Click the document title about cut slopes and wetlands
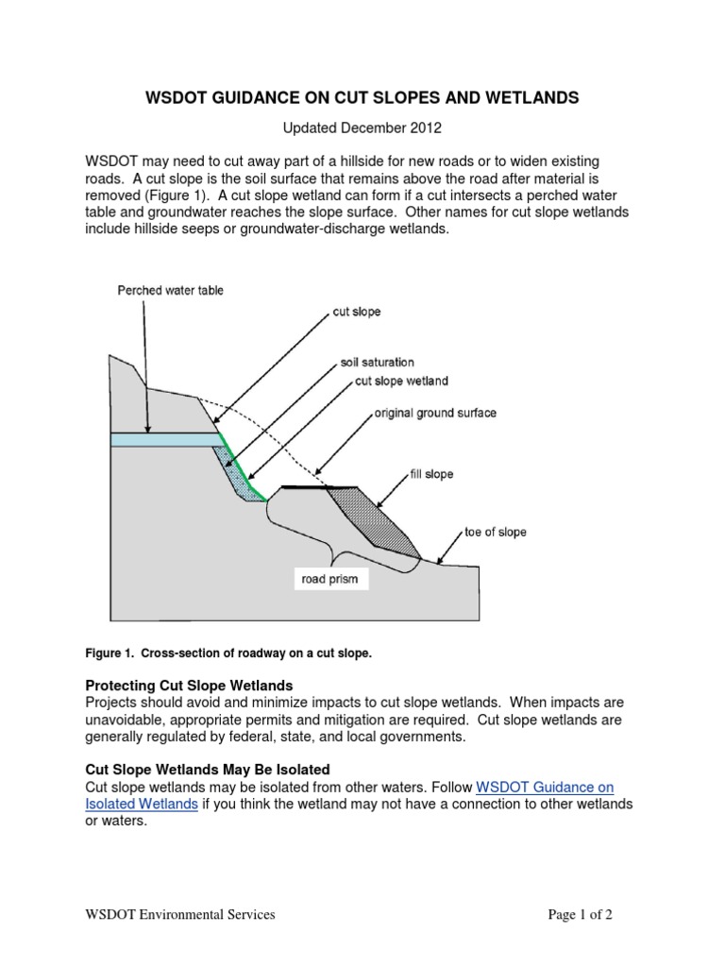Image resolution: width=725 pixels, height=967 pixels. (362, 97)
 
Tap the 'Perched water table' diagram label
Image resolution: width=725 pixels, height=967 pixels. (170, 291)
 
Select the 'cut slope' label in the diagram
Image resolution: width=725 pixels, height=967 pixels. (357, 311)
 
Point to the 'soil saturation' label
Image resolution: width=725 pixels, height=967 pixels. (377, 363)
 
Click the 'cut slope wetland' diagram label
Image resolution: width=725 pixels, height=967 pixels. (401, 381)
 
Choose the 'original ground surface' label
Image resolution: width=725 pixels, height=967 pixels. (435, 413)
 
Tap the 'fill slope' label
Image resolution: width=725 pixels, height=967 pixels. (431, 474)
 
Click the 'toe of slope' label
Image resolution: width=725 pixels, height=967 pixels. (496, 533)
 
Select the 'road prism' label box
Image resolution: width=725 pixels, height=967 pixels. (330, 579)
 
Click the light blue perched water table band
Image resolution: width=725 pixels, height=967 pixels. (160, 439)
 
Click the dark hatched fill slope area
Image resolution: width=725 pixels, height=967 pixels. (378, 519)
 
